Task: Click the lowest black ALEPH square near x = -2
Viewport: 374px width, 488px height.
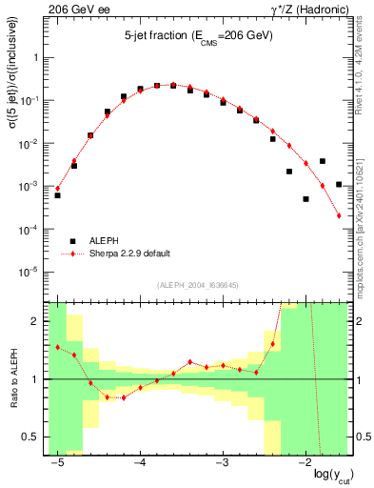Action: click(305, 199)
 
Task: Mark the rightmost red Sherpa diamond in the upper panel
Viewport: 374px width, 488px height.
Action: click(340, 216)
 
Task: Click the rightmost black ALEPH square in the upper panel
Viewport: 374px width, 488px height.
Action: click(340, 184)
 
